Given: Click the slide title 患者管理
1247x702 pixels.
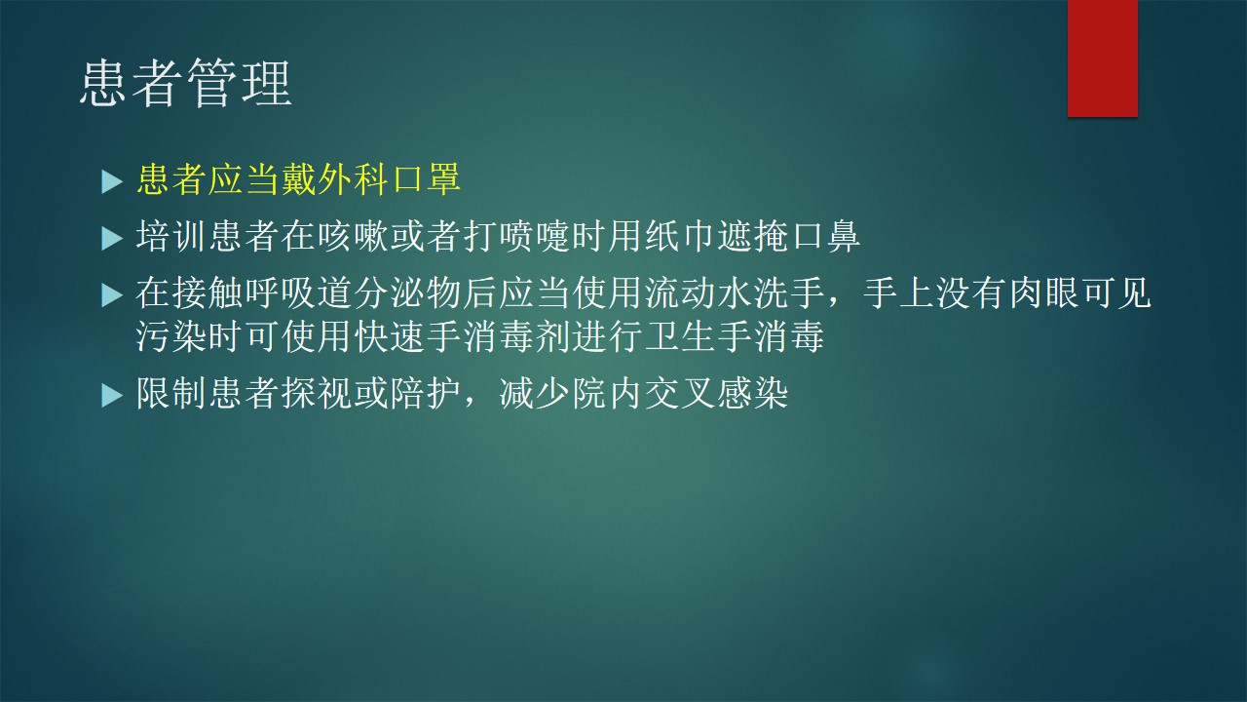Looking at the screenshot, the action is (x=186, y=84).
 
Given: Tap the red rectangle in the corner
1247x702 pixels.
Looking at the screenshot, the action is (x=1102, y=58).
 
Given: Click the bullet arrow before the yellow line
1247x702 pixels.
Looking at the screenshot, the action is (x=111, y=182).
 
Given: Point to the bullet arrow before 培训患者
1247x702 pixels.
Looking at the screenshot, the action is (x=111, y=240).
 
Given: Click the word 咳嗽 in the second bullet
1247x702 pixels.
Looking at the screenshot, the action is (x=353, y=236).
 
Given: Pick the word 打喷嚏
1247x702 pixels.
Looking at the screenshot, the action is (x=516, y=236).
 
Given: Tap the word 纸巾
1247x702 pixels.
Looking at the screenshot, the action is (x=679, y=236).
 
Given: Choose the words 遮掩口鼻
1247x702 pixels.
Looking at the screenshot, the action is (x=788, y=236).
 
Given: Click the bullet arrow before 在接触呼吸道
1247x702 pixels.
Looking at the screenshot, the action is (x=111, y=295).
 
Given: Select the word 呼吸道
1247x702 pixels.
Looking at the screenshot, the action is (x=298, y=293).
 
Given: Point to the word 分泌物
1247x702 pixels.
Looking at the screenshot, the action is (x=407, y=293).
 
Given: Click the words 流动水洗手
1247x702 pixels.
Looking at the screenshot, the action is (x=735, y=293).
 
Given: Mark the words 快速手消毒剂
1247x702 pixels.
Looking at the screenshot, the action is (x=462, y=336).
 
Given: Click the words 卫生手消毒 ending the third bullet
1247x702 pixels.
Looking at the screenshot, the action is (x=735, y=336).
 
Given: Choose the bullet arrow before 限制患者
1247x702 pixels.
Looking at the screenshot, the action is (x=111, y=396).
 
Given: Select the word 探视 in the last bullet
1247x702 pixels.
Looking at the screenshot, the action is (x=317, y=393).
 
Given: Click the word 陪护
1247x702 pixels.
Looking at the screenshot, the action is (x=426, y=393).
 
